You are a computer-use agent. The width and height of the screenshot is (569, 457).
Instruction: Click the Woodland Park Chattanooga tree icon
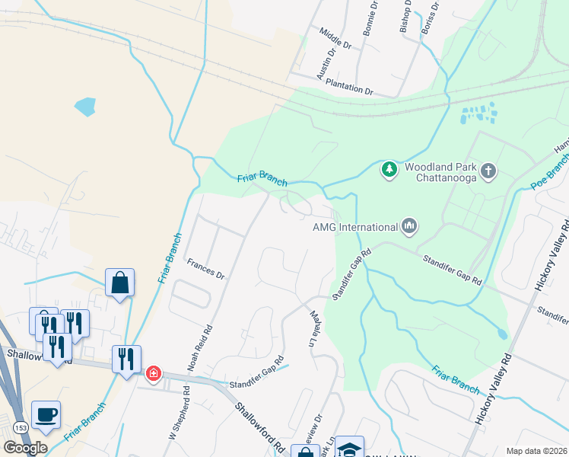[389, 168]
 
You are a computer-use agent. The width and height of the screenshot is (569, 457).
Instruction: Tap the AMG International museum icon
[409, 225]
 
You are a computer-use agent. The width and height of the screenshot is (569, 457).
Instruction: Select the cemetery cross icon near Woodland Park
[488, 170]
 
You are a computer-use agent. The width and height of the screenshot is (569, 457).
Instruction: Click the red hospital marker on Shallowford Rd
[154, 373]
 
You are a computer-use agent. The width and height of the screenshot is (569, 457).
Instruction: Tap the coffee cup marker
[46, 415]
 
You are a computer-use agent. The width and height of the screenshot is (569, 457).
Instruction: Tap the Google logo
[26, 447]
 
